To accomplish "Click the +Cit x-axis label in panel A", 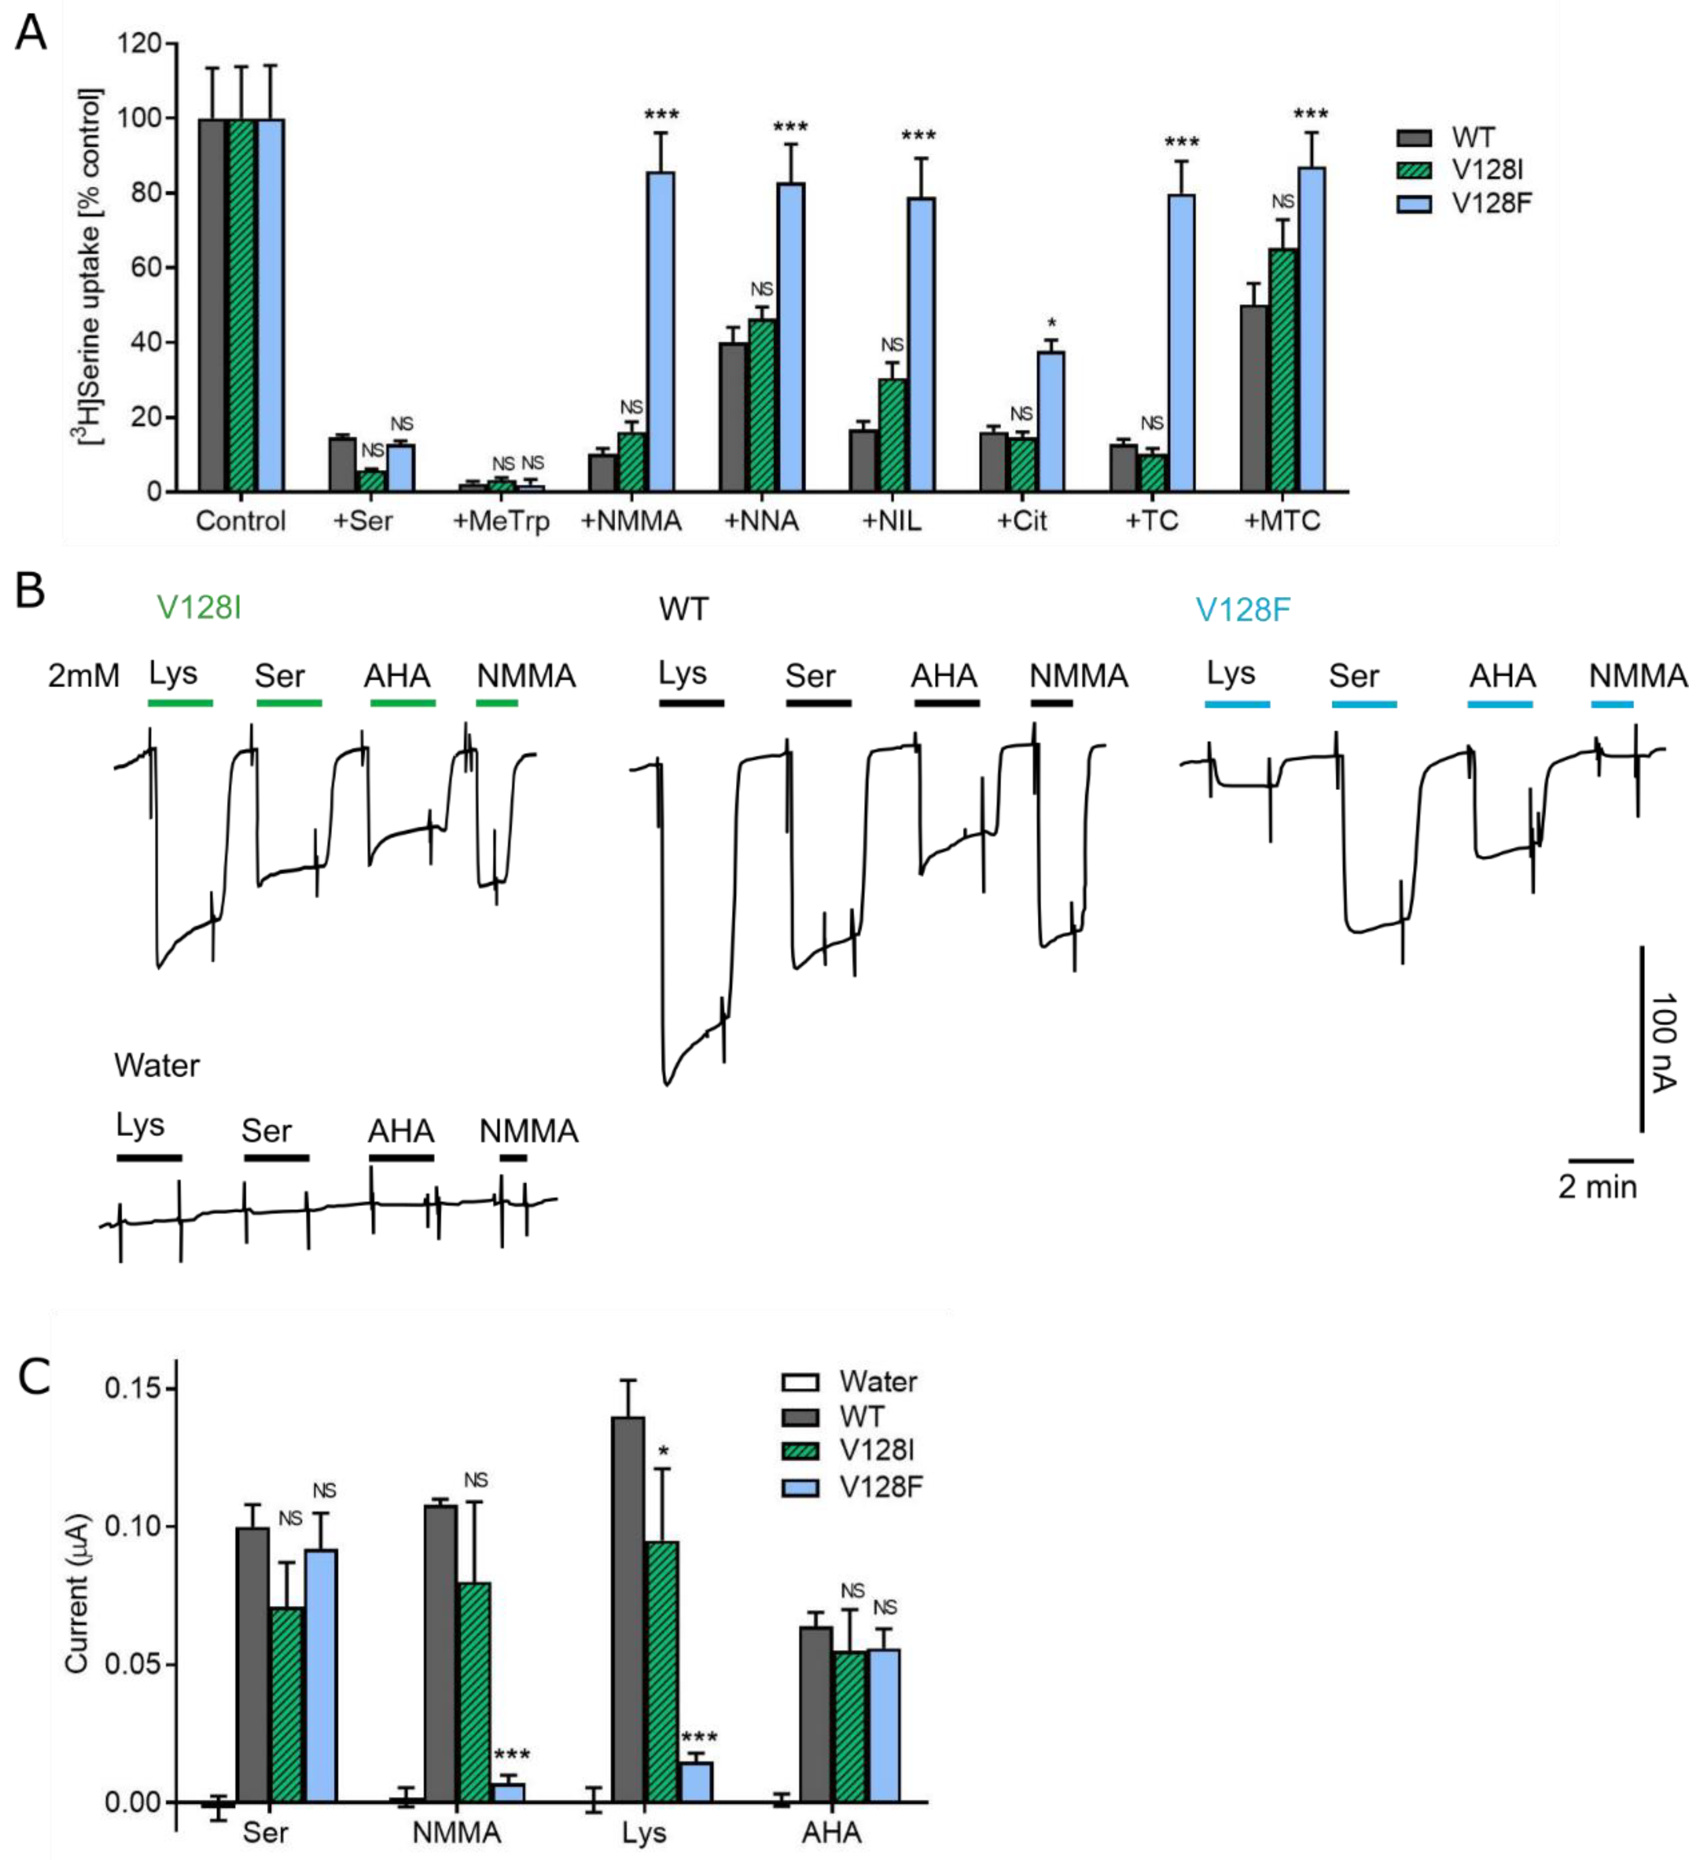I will tap(1022, 521).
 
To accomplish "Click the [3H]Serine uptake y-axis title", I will tap(90, 267).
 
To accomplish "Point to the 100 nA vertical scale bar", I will tap(1641, 1038).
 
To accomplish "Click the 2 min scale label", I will tap(1597, 1187).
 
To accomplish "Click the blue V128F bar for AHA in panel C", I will tap(884, 1725).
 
